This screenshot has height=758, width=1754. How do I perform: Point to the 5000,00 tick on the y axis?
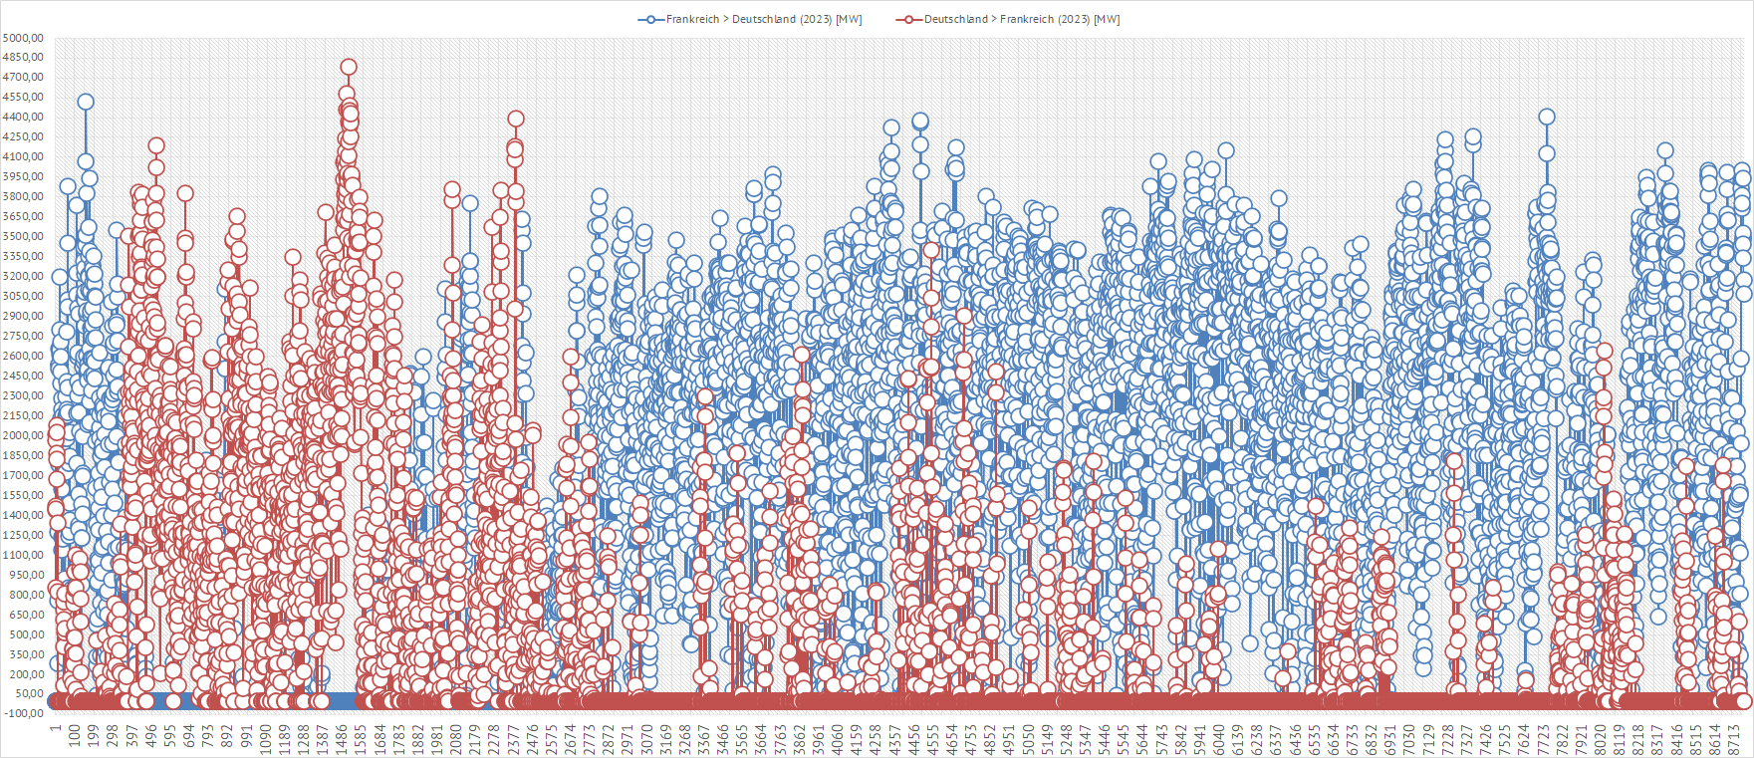pos(23,38)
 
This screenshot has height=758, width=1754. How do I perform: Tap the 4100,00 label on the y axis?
pos(23,156)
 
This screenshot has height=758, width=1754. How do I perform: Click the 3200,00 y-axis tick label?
pos(23,276)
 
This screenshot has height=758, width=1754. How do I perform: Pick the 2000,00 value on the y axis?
pos(23,435)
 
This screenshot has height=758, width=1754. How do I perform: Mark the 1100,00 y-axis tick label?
pos(23,555)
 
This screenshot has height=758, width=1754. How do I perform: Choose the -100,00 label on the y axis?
pos(23,713)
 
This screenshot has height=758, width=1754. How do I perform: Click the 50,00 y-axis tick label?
pos(30,693)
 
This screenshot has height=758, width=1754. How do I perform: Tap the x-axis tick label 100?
pos(75,738)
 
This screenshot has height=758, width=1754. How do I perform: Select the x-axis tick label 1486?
pos(342,738)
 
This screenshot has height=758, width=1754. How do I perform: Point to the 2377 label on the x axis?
pos(514,738)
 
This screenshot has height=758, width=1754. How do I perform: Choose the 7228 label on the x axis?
pos(1448,738)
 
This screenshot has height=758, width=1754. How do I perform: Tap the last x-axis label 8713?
pos(1734,738)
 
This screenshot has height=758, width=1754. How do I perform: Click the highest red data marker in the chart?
pos(349,68)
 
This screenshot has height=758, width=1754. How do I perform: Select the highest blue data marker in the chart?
pos(86,102)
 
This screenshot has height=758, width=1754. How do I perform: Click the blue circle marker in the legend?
pos(651,19)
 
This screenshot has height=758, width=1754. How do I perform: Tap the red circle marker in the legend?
pos(909,19)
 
